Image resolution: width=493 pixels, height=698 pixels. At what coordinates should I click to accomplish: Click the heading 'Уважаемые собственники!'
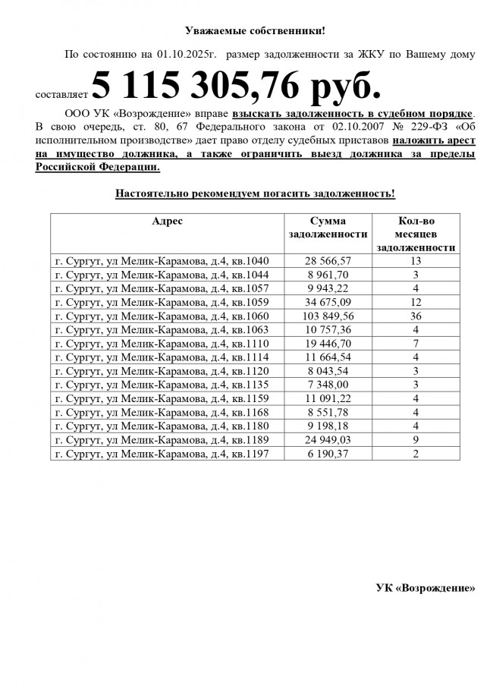255,31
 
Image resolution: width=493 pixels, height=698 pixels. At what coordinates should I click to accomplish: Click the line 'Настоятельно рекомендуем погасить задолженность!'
255,193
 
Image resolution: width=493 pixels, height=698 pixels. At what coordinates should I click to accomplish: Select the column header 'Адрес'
167,221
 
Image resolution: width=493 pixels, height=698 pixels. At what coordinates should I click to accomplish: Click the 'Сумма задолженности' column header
328,228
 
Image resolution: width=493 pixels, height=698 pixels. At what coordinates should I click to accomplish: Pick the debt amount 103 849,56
328,316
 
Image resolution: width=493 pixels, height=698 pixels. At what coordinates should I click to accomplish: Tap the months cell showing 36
416,316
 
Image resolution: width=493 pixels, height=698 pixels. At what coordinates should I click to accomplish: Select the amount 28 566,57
328,261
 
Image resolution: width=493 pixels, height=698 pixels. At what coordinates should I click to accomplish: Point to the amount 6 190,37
328,454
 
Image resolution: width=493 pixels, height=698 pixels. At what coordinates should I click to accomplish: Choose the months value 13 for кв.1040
416,261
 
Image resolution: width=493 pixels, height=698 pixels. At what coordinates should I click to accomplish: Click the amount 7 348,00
328,385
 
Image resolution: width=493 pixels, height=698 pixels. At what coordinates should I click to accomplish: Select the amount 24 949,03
328,440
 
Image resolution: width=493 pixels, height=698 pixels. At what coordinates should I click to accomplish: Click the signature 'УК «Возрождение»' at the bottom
425,588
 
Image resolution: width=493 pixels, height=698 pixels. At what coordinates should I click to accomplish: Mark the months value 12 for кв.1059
416,302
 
